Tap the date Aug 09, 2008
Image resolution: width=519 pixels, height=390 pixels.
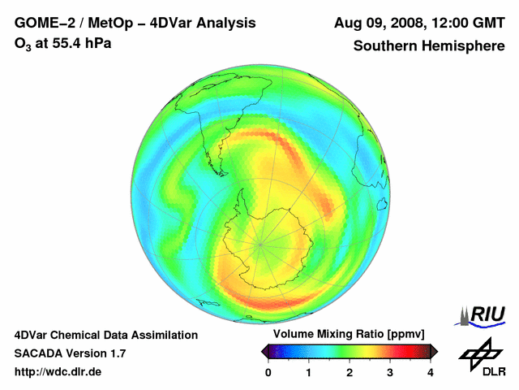(x=377, y=23)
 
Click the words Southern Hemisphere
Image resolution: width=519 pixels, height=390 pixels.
(x=428, y=45)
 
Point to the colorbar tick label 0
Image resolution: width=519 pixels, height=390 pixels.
(x=268, y=372)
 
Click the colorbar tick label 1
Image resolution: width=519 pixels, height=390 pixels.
(x=309, y=372)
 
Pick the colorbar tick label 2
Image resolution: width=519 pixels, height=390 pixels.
(x=350, y=372)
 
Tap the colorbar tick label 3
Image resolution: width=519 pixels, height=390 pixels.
(x=390, y=372)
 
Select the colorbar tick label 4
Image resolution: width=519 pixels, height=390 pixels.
(x=431, y=372)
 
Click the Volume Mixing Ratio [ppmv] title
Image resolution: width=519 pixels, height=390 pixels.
(x=350, y=335)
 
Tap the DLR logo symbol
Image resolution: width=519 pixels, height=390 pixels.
(x=478, y=353)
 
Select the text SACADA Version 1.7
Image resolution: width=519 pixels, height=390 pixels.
(x=70, y=353)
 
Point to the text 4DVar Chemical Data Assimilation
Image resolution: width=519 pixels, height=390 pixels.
(x=105, y=335)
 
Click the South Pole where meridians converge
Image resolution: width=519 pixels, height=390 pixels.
(x=261, y=242)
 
